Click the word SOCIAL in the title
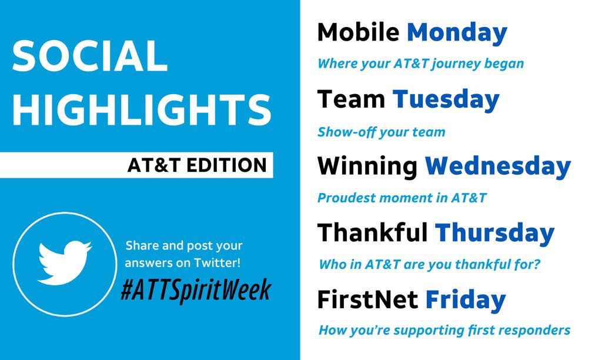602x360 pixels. [x=89, y=56]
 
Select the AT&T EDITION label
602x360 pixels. [x=197, y=165]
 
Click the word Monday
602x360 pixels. [x=457, y=32]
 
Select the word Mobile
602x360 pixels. [x=358, y=32]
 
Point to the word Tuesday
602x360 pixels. [x=446, y=99]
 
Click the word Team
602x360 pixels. [x=351, y=99]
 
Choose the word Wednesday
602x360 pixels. [x=497, y=166]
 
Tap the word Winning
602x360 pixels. [x=367, y=166]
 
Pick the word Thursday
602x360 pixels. [x=494, y=233]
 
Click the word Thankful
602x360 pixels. [x=372, y=233]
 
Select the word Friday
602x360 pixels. [x=465, y=300]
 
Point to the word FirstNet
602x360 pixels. [x=367, y=300]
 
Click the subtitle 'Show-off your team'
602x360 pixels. [x=381, y=132]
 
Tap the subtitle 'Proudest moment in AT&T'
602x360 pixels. [x=402, y=198]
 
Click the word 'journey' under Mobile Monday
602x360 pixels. [x=452, y=64]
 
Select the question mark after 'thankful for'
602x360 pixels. [x=536, y=265]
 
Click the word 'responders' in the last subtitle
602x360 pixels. [x=539, y=330]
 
